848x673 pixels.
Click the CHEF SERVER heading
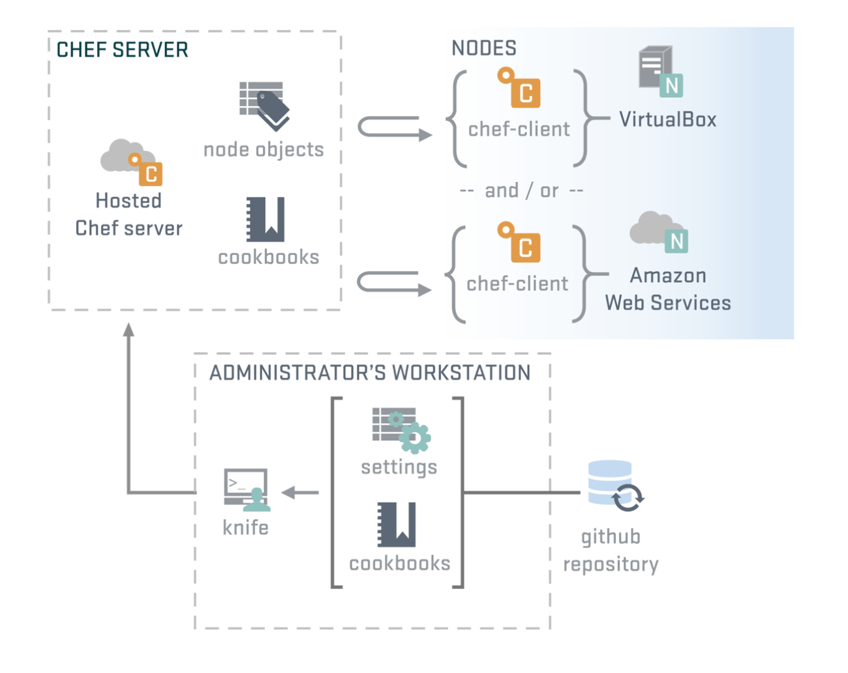pos(122,50)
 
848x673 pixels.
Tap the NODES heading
pos(483,48)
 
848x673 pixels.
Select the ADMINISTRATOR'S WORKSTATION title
pos(369,373)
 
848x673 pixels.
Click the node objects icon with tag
pos(264,106)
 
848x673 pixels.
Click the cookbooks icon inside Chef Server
pos(265,219)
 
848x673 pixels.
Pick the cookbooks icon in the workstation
pos(397,524)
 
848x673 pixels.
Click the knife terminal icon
pos(247,489)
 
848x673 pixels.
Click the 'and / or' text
pos(521,190)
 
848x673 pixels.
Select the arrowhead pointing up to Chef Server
pos(129,330)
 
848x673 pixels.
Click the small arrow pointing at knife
pos(299,492)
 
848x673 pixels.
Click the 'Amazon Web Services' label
pos(667,289)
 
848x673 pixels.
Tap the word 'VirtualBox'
pos(667,119)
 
